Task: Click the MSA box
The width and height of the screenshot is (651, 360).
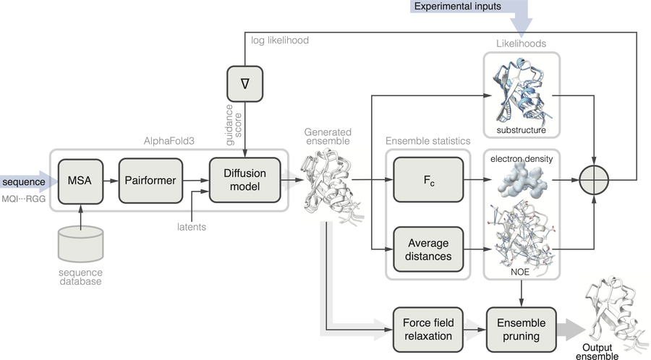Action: (80, 181)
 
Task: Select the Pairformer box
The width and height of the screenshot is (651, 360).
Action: (150, 181)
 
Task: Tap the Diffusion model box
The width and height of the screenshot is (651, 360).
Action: (244, 180)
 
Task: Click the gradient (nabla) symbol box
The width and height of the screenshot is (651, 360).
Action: (245, 84)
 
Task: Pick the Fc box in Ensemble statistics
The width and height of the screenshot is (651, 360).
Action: (428, 179)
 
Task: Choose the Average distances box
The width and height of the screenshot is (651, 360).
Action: (428, 249)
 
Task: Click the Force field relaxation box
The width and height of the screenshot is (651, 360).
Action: (428, 330)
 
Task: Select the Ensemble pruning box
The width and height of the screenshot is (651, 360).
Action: (521, 330)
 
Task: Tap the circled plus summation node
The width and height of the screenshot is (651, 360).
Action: (594, 180)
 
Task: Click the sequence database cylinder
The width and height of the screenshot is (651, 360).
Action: (80, 244)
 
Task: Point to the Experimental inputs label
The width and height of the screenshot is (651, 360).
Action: (458, 7)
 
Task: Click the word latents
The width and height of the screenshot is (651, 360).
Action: (192, 227)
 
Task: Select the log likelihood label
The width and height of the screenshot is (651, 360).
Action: (280, 40)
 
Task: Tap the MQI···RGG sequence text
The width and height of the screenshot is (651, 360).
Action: (23, 199)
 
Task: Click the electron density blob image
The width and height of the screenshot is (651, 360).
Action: (521, 179)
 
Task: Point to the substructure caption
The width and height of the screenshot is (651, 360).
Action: (521, 130)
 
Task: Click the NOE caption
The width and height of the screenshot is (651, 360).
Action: (520, 272)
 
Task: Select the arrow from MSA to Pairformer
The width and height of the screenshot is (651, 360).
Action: (111, 181)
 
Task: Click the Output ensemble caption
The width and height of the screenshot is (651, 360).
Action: (597, 352)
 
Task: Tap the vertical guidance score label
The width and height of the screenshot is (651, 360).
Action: (234, 125)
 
